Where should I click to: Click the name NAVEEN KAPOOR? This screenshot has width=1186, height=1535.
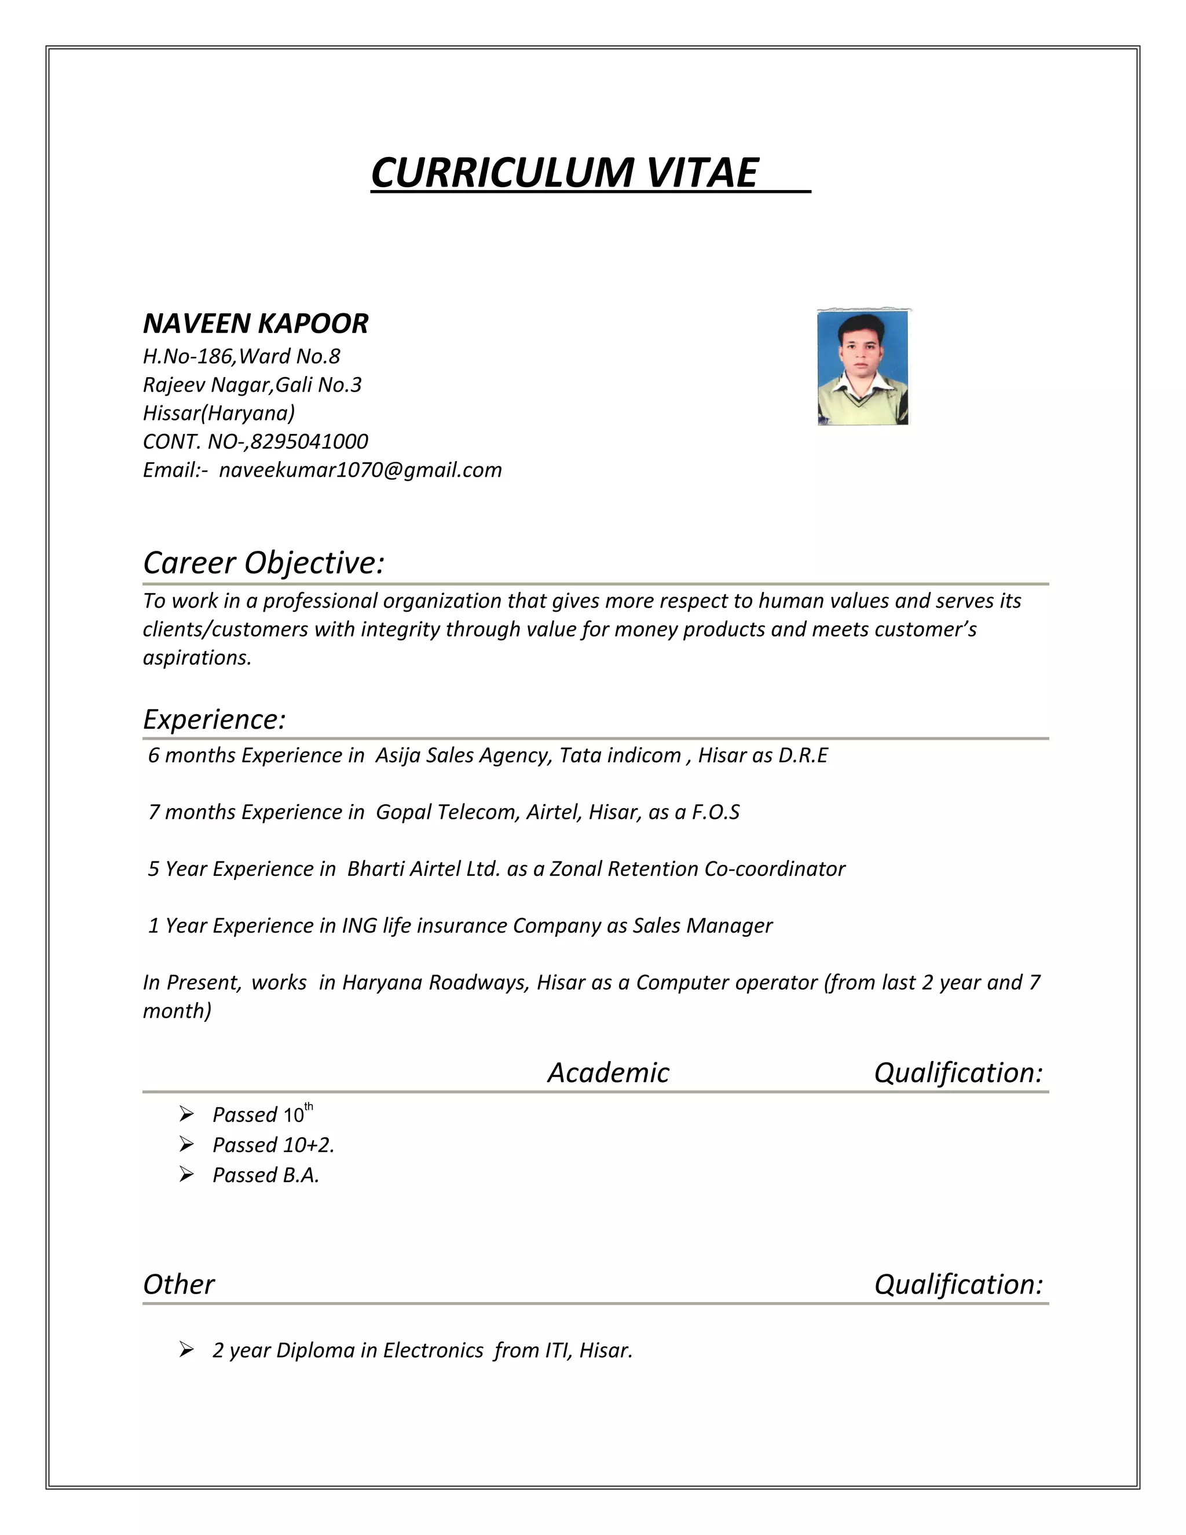pos(256,323)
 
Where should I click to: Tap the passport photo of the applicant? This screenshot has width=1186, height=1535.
pos(863,368)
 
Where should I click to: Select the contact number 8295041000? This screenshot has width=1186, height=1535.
pos(309,441)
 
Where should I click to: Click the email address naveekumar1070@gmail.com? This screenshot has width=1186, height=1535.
pos(360,470)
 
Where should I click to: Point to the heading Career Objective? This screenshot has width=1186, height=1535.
pos(263,562)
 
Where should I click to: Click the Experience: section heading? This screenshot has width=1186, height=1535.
pos(214,719)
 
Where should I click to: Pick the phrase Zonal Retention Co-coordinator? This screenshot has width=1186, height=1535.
pos(697,869)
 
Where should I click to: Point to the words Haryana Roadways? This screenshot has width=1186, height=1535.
pos(435,982)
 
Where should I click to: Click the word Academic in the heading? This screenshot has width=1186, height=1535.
pos(609,1073)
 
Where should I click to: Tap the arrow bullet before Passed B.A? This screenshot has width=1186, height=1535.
pos(186,1175)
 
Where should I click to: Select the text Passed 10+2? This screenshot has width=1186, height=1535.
pos(273,1145)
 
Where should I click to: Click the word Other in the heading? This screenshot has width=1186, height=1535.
pos(178,1284)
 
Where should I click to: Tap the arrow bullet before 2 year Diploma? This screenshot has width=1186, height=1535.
pos(186,1350)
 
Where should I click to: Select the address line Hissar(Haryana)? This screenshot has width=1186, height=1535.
pos(218,412)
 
